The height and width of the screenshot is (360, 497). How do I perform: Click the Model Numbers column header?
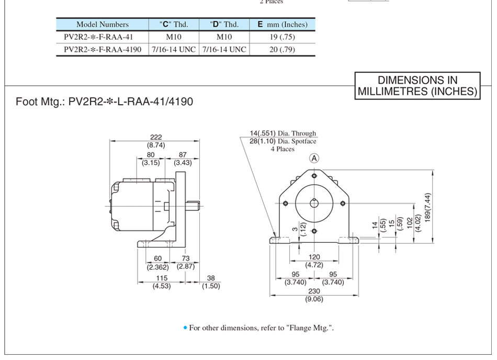103,25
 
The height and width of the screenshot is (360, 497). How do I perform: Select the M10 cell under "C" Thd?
174,37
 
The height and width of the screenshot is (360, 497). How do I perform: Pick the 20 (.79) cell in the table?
282,49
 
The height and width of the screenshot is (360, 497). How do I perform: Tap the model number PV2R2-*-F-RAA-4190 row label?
103,49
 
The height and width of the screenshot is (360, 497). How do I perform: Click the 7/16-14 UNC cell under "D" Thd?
224,49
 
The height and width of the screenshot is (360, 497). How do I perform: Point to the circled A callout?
314,158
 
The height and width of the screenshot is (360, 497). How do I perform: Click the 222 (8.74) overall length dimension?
155,141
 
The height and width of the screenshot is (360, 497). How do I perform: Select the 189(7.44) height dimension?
427,207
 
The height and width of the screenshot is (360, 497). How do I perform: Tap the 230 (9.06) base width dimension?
314,295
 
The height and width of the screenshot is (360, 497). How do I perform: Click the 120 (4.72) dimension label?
314,261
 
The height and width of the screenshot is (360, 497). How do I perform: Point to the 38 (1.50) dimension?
211,282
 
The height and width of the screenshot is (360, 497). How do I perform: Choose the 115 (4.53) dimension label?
162,282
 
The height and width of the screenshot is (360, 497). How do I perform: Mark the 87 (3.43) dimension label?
183,159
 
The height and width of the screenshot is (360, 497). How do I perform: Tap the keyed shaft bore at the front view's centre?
314,203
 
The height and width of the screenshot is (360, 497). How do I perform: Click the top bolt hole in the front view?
314,176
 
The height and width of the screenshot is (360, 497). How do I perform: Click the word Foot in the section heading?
27,102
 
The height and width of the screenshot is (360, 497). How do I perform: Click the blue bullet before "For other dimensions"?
185,328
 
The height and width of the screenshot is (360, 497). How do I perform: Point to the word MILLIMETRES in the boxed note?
393,91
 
